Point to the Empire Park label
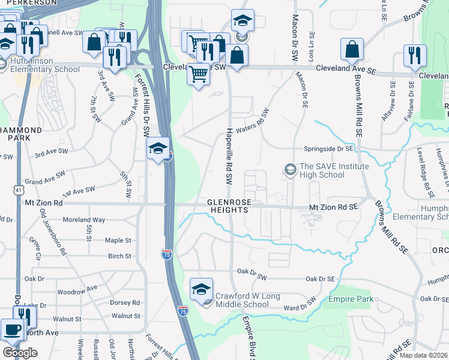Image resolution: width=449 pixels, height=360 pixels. click(351, 299)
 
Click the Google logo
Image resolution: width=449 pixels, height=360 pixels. click(20, 352)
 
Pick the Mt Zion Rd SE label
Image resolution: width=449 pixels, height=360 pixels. click(333, 206)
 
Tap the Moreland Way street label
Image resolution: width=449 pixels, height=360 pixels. click(83, 220)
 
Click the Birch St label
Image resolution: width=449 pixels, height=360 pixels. click(119, 256)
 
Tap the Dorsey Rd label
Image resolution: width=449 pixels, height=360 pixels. click(124, 303)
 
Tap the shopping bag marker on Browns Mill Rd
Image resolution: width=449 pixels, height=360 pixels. click(352, 50)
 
